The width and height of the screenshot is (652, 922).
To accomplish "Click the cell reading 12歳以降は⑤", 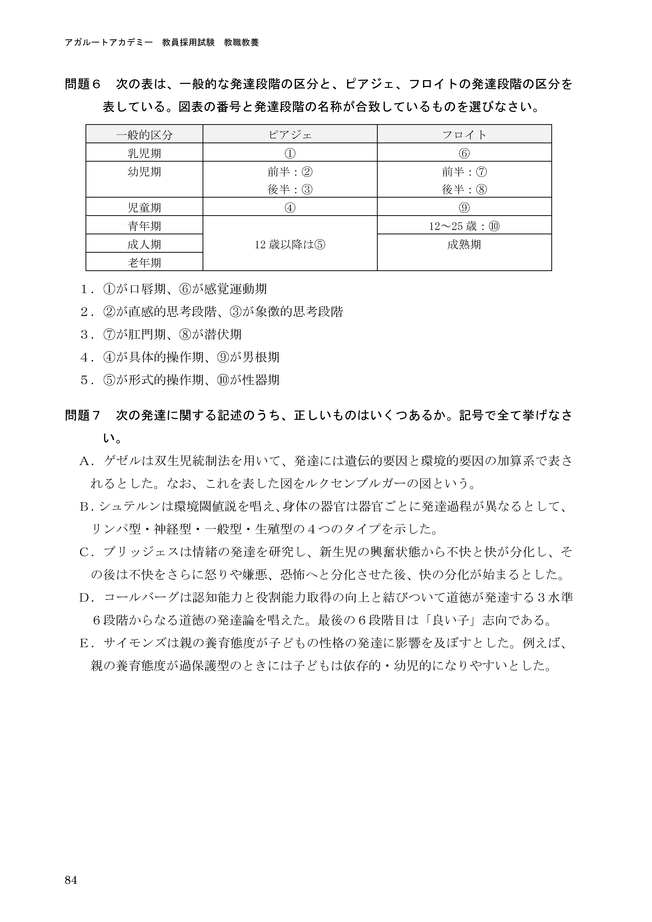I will [290, 244].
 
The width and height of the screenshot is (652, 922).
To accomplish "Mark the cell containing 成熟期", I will [464, 244].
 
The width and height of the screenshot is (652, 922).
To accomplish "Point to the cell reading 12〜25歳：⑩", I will [464, 226].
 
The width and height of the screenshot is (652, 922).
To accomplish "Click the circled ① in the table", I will [290, 153].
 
